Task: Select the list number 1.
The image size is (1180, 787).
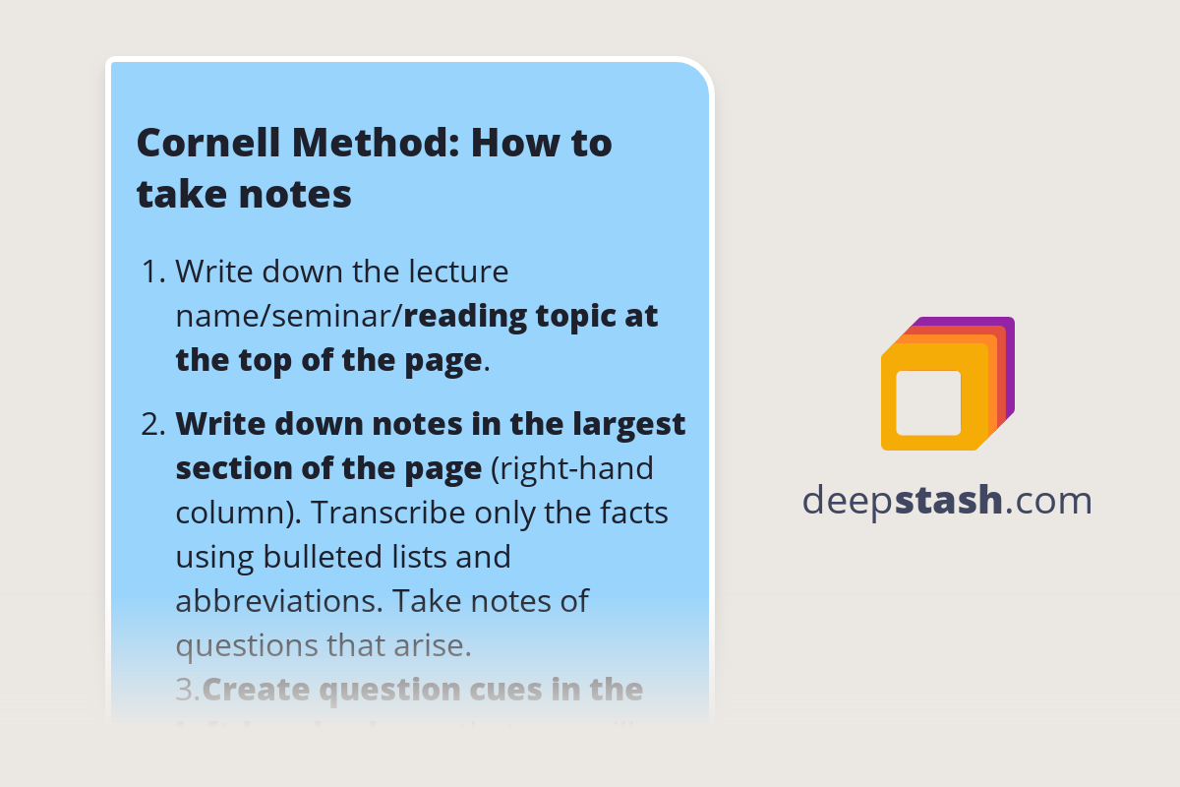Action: [x=153, y=271]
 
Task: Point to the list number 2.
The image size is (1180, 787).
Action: [x=152, y=424]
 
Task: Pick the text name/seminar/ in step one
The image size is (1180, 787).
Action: [x=289, y=316]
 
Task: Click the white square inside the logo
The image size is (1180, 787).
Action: [x=928, y=402]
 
